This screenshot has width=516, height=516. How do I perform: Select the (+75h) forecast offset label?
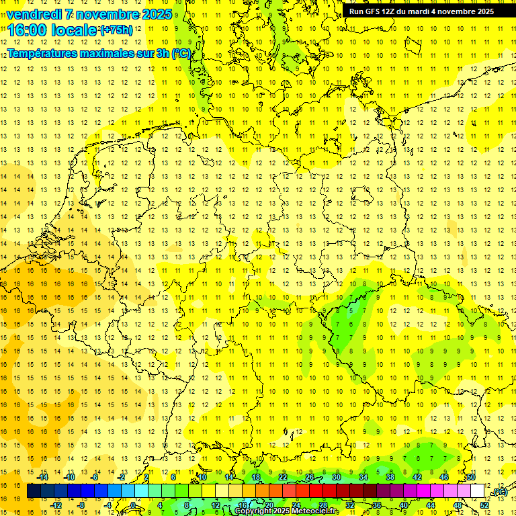116,30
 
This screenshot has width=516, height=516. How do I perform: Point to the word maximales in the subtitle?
107,54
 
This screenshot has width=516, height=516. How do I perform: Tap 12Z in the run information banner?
390,11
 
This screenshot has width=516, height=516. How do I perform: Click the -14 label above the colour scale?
44,477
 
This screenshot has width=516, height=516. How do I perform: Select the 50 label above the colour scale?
471,477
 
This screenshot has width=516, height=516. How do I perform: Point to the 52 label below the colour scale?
484,505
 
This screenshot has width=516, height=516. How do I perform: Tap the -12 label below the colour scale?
56,505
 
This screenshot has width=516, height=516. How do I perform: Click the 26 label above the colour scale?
310,477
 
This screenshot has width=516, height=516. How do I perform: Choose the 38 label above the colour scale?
390,477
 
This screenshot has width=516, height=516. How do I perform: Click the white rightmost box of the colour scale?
477,491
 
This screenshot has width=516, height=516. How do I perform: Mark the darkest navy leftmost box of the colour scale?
34,491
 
